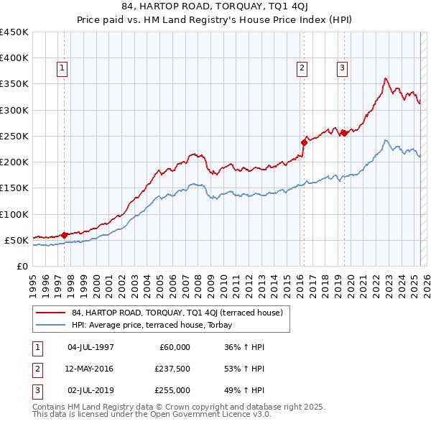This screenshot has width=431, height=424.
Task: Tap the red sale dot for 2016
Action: coord(304,142)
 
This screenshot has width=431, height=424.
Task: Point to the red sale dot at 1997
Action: coord(64,234)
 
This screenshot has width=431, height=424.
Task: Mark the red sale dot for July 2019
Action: coord(344,133)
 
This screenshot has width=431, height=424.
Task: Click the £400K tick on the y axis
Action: coord(14,58)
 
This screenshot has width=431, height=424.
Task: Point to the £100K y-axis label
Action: coord(14,214)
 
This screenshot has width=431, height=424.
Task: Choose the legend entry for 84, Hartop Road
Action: coord(177,313)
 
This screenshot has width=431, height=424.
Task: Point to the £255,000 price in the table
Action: coord(172,390)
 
